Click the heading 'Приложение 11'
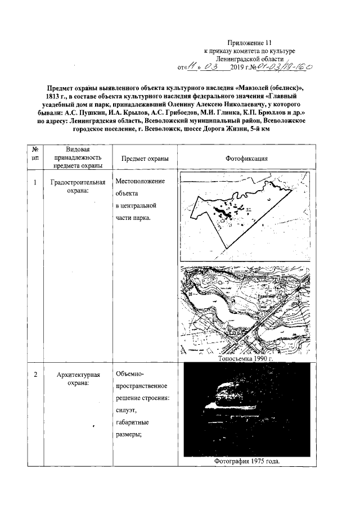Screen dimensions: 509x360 249,43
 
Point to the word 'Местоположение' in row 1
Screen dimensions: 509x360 139,182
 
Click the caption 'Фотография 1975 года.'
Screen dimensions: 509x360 246,461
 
